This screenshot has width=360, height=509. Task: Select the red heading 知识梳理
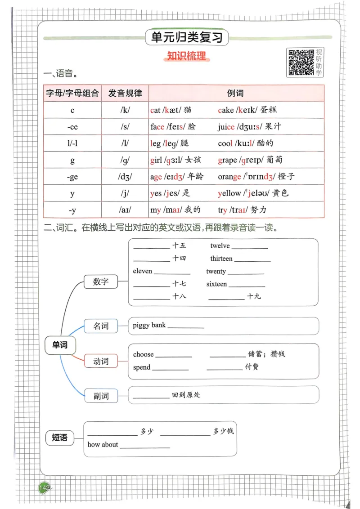point(186,57)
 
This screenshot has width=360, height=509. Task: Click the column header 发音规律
point(125,93)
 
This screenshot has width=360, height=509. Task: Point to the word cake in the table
point(226,110)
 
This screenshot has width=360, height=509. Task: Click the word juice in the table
point(226,126)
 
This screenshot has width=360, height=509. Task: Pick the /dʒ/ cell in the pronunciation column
point(125,177)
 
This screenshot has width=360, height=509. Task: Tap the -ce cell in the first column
point(72,127)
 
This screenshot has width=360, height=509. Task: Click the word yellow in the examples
point(229,193)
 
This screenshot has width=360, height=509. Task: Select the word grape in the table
point(227,160)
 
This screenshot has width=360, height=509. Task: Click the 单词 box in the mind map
point(60,345)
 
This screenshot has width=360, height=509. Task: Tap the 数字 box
point(101,282)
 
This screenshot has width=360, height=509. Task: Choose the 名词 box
point(101,326)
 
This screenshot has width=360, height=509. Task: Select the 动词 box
point(101,361)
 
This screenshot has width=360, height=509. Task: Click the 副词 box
point(101,396)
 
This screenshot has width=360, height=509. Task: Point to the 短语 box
point(60,437)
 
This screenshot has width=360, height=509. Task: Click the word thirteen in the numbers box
point(221,259)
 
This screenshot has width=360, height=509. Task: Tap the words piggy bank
point(149,325)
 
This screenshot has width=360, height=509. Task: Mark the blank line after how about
point(145,446)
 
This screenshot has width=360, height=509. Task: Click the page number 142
point(44,488)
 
